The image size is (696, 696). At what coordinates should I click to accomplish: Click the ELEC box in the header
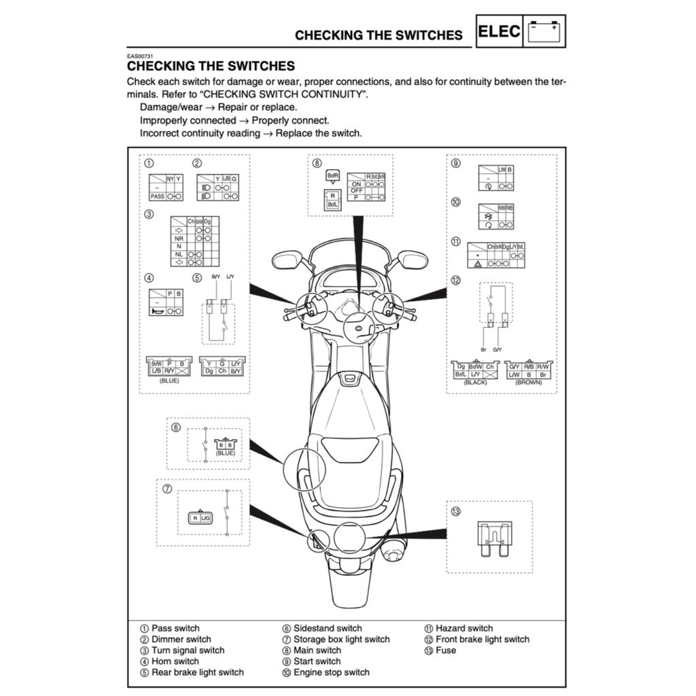coord(500,31)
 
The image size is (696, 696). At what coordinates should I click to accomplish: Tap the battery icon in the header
coord(545,31)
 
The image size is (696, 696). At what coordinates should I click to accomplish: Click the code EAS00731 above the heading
coord(140,56)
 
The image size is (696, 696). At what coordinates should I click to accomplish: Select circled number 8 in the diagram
coord(317,163)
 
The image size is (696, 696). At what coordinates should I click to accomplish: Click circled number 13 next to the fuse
coord(455,511)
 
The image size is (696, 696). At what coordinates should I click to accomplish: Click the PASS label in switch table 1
coord(157,196)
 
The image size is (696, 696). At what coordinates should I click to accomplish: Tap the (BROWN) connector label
coord(529,383)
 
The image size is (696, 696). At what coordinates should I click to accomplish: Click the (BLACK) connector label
coord(475,383)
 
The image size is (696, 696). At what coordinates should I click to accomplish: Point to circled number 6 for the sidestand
coord(175,428)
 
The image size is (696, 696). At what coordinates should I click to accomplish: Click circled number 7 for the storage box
coord(167,489)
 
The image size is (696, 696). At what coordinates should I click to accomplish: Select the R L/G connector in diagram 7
coord(201,518)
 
